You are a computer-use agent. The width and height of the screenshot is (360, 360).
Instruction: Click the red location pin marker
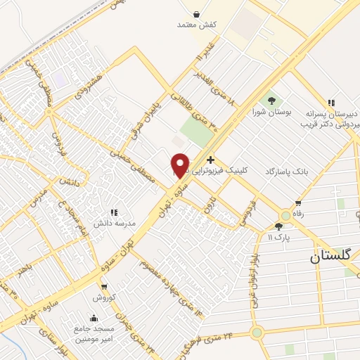[x=180, y=165]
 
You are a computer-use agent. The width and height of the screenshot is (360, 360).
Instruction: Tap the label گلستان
[x=335, y=257]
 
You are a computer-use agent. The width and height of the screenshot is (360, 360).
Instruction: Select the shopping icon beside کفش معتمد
[x=195, y=14]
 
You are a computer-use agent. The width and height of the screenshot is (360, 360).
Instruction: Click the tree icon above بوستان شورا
[x=271, y=101]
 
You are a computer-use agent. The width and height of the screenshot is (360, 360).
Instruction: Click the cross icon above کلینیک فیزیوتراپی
[x=210, y=160]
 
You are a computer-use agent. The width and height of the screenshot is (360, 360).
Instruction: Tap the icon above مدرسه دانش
[x=112, y=212]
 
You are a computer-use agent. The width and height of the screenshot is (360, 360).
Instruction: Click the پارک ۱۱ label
[x=278, y=237]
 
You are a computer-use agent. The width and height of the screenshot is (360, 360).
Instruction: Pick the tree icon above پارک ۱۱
[x=278, y=226]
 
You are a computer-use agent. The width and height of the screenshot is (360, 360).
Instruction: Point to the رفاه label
[x=302, y=214]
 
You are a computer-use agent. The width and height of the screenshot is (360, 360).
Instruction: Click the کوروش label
[x=104, y=297]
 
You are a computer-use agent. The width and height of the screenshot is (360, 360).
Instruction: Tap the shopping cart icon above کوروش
[x=104, y=286]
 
